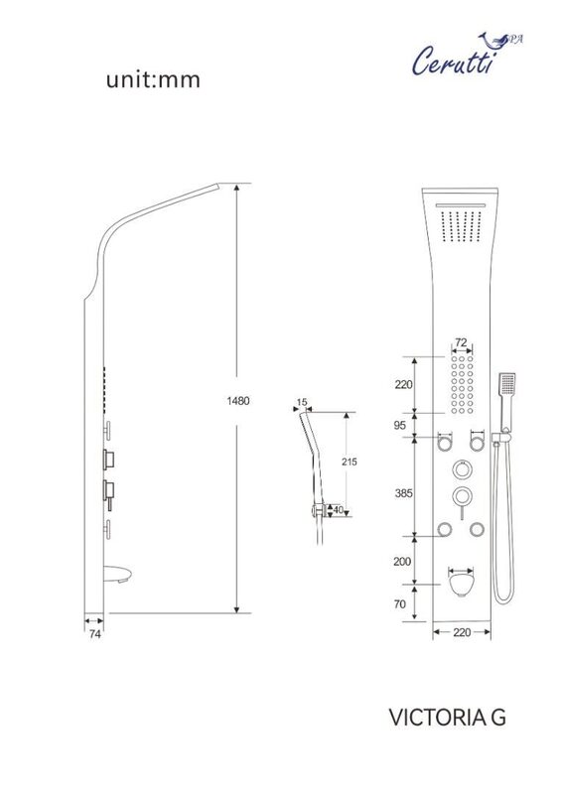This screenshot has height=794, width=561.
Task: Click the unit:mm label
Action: point(153,80)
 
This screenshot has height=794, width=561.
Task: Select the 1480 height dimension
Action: point(237,401)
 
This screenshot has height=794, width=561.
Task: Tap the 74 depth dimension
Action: point(94,633)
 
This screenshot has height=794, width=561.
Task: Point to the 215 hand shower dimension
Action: point(350,462)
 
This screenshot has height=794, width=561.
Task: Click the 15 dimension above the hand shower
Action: point(302,402)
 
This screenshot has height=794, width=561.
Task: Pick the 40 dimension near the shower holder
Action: point(338,510)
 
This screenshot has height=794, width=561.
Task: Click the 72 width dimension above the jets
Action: point(461,342)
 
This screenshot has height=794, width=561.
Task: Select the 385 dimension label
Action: point(404,493)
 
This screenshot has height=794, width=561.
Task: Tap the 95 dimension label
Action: point(400,426)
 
